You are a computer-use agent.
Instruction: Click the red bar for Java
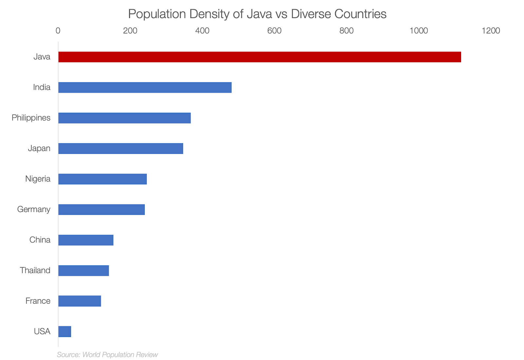point(259,57)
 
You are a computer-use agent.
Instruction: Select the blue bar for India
point(145,87)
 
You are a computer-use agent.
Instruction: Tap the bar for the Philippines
point(124,118)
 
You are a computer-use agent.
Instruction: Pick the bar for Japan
point(121,148)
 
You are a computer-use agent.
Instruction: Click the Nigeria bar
point(103,179)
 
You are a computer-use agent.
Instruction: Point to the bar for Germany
point(102,210)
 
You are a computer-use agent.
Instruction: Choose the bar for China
point(86,240)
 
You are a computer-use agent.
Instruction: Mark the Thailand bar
point(84,271)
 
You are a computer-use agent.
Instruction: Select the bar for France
point(80,301)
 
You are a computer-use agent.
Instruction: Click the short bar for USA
point(65,332)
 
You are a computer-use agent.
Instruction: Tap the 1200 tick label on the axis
point(491,31)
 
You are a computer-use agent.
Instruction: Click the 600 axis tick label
point(274,31)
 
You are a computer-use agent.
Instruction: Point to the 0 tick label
point(58,31)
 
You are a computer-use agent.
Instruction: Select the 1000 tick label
point(419,31)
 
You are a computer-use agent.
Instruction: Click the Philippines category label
point(31,118)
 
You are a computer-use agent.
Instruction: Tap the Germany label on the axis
point(34,210)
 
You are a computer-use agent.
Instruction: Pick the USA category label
point(42,332)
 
